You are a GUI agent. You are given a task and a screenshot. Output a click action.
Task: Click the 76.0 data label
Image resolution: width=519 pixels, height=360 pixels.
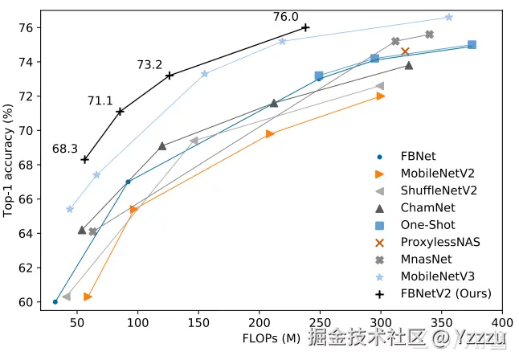pyautogui.click(x=285, y=16)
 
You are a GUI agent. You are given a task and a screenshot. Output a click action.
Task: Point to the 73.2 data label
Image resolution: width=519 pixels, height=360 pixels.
pyautogui.click(x=149, y=64)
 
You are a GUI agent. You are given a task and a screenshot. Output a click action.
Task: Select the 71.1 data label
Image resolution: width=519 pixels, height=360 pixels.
pyautogui.click(x=100, y=100)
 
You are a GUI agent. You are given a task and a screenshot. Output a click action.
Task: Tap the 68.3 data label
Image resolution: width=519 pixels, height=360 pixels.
pyautogui.click(x=64, y=149)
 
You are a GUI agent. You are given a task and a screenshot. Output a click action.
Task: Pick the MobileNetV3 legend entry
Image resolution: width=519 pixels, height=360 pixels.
pyautogui.click(x=441, y=276)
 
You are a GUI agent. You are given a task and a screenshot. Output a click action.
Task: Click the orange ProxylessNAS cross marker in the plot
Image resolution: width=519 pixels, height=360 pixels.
pyautogui.click(x=405, y=51)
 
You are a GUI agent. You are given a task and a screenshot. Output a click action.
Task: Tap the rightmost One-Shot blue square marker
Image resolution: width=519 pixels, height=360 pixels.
pyautogui.click(x=472, y=45)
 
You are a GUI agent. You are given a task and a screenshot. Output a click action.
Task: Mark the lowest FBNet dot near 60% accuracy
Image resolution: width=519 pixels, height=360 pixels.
pyautogui.click(x=55, y=302)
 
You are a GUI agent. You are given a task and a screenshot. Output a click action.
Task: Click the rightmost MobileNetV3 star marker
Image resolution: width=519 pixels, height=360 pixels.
pyautogui.click(x=448, y=17)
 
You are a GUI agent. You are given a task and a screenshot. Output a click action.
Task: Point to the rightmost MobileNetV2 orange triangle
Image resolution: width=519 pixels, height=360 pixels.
pyautogui.click(x=381, y=96)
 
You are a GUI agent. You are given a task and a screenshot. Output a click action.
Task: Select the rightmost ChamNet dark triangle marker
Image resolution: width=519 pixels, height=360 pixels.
pyautogui.click(x=409, y=65)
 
